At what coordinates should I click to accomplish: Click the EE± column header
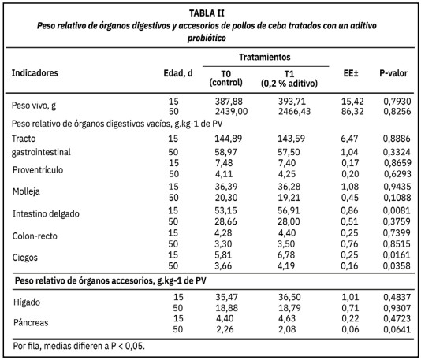tap(352, 73)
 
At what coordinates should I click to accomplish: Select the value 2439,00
tap(230, 113)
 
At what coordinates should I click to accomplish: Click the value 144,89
tap(230, 138)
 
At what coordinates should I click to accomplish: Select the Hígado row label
tap(28, 302)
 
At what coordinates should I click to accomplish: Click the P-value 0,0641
tap(398, 330)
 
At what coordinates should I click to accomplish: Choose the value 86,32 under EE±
tap(352, 113)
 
